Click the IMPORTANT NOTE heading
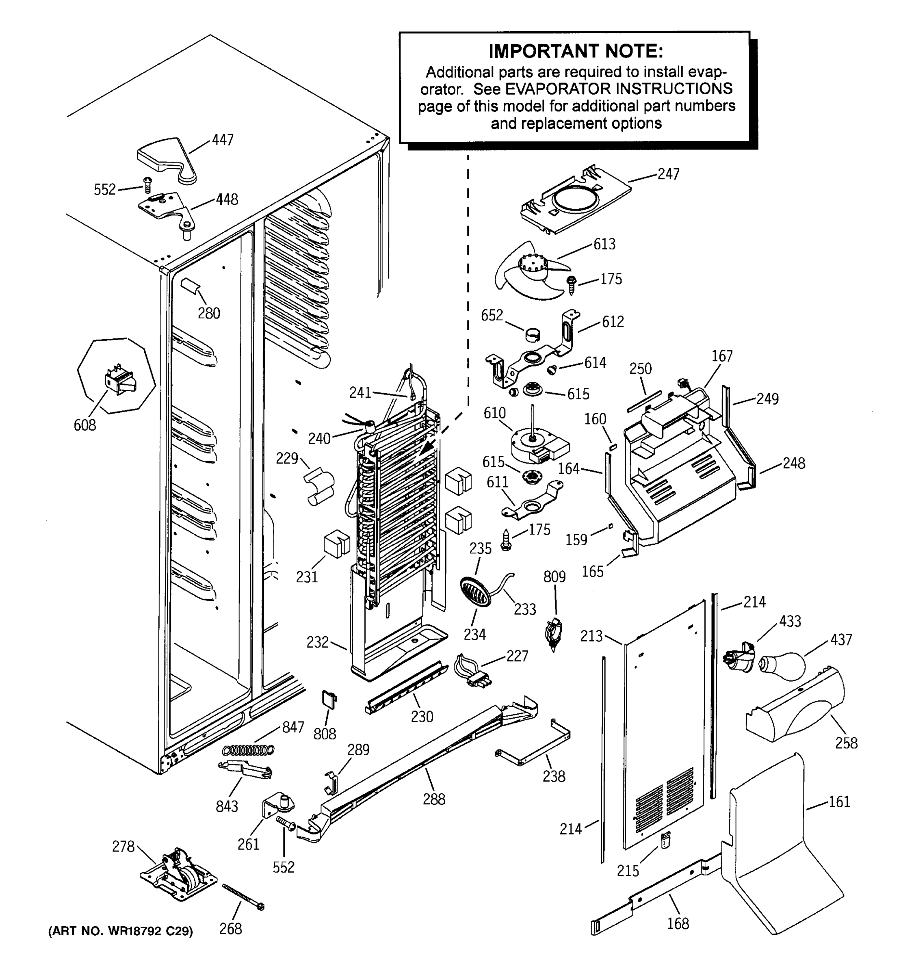[x=576, y=51]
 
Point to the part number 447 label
[x=222, y=140]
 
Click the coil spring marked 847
[x=248, y=750]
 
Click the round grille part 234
[x=474, y=592]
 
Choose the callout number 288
[x=434, y=799]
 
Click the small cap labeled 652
[x=533, y=335]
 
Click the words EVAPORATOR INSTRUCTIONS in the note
[x=619, y=89]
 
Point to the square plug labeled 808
[x=329, y=700]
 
